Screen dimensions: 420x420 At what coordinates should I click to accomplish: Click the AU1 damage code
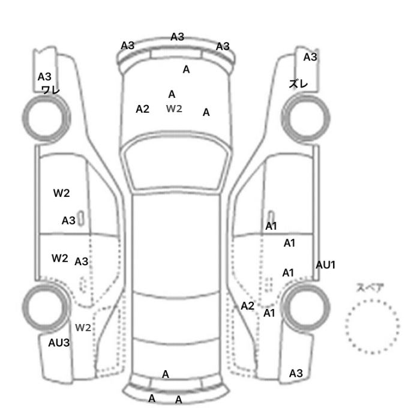325,265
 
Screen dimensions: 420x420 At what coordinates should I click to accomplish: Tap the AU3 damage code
59,343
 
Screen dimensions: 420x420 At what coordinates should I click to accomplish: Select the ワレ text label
50,89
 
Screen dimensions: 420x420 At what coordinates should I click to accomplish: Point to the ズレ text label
298,84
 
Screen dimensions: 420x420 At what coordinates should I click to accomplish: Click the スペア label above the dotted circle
370,287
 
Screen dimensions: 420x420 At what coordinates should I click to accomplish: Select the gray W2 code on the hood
174,109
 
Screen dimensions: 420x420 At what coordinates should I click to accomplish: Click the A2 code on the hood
142,109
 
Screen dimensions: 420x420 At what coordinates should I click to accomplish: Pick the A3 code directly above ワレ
45,77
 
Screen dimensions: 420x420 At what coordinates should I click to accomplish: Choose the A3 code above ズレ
310,57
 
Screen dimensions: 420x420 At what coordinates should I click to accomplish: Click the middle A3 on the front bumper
177,37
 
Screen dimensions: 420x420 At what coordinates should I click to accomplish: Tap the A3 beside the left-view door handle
68,220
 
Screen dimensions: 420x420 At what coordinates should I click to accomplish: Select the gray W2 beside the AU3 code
83,327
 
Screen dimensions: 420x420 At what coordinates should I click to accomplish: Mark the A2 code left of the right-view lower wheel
247,306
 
